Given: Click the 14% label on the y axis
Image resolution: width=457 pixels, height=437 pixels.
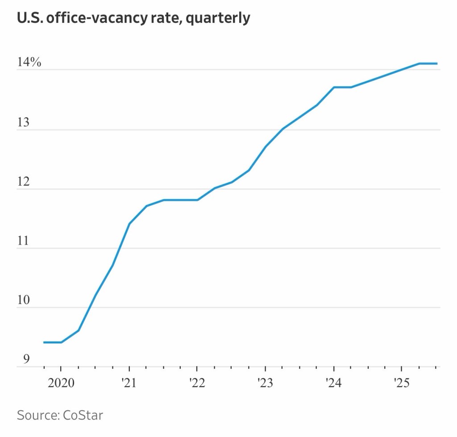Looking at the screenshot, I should point(29,63).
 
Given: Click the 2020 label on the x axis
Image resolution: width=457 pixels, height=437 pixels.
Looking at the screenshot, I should point(61,383).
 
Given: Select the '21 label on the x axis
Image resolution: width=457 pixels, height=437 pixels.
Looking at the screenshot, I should point(129,383).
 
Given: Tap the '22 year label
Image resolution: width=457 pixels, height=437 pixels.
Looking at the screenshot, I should point(197,383).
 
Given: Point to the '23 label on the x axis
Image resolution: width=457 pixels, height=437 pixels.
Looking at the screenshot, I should point(265,383).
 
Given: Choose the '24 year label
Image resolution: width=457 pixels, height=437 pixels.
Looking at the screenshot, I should point(333,383).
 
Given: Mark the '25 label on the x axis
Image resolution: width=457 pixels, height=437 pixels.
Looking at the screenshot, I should point(401,383).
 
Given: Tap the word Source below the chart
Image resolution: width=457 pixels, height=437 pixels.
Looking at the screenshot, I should point(36,415).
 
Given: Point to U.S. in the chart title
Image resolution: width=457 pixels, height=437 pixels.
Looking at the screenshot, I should point(30,19).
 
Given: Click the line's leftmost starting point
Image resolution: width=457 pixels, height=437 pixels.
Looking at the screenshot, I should point(44,342).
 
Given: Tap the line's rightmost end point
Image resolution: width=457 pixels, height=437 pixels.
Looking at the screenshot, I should point(437,63).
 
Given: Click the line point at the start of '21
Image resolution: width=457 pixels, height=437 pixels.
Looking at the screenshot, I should point(129,223).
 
